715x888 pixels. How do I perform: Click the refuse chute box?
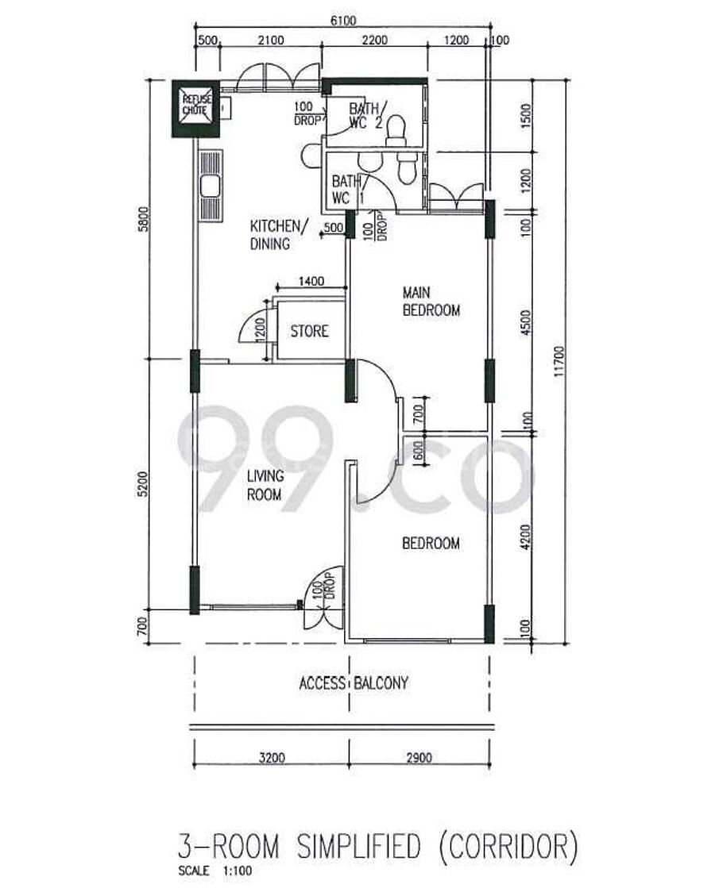[195, 109]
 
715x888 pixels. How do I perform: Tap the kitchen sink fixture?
[211, 185]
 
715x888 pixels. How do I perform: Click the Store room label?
[309, 331]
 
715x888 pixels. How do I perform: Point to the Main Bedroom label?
[431, 302]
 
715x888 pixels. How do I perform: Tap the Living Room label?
[265, 486]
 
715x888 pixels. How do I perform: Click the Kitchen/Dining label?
[278, 234]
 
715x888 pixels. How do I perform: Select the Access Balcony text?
[354, 683]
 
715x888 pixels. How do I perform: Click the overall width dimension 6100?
[343, 21]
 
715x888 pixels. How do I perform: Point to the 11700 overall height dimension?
[559, 361]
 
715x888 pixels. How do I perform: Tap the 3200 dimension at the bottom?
[272, 757]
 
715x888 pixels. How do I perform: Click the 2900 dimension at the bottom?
[419, 757]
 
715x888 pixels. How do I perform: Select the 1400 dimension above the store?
[311, 281]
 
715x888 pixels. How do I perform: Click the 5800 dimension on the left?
[144, 218]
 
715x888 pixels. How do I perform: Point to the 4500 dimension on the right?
[526, 322]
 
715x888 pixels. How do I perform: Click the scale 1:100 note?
[214, 871]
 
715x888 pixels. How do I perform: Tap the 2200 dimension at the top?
[375, 40]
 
